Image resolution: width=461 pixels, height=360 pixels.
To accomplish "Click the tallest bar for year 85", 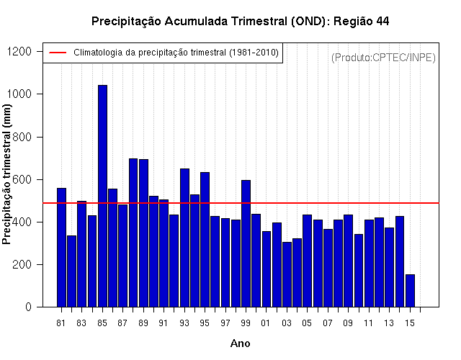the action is tap(102, 196).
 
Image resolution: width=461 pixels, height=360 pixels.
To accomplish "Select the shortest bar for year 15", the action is tap(410, 291).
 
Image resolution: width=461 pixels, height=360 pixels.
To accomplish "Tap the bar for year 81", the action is tap(61, 248).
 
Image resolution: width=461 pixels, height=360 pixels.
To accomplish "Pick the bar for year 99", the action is tap(246, 243).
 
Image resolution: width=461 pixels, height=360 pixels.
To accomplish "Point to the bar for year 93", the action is tap(184, 238).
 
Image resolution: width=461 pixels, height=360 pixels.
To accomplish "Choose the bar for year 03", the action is tap(287, 274).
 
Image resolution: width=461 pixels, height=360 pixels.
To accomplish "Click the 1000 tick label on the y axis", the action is tap(19, 94).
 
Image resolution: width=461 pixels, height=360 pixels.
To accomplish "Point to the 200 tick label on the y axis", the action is tap(22, 264).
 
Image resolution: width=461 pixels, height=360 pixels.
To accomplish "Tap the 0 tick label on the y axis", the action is tap(29, 307).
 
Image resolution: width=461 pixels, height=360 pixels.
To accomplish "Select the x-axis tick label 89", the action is tap(143, 323).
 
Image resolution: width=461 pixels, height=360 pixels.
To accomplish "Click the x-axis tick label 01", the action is tap(266, 323).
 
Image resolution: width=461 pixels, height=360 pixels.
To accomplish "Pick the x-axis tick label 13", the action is tap(389, 323).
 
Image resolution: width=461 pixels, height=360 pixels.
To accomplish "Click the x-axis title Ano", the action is tap(240, 343).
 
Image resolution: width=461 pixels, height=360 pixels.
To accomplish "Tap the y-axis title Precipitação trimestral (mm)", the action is tap(6, 174).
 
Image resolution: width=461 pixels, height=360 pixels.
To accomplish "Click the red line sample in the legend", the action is tap(58, 53).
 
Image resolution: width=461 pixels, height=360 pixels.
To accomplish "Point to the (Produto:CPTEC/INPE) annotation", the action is tap(383, 58).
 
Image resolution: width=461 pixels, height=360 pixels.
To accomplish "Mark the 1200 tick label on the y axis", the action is tap(19, 51).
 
